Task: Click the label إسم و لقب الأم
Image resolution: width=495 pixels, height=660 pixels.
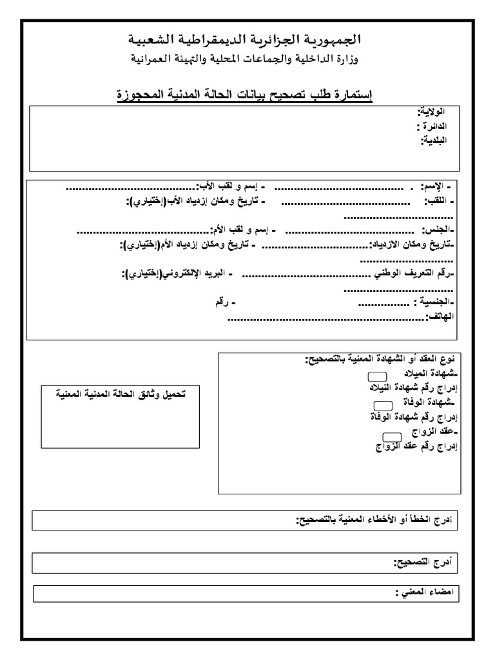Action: [243, 230]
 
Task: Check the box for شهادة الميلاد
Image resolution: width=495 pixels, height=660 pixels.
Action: [376, 376]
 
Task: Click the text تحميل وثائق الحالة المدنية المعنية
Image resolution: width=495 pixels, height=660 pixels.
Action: [119, 393]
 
